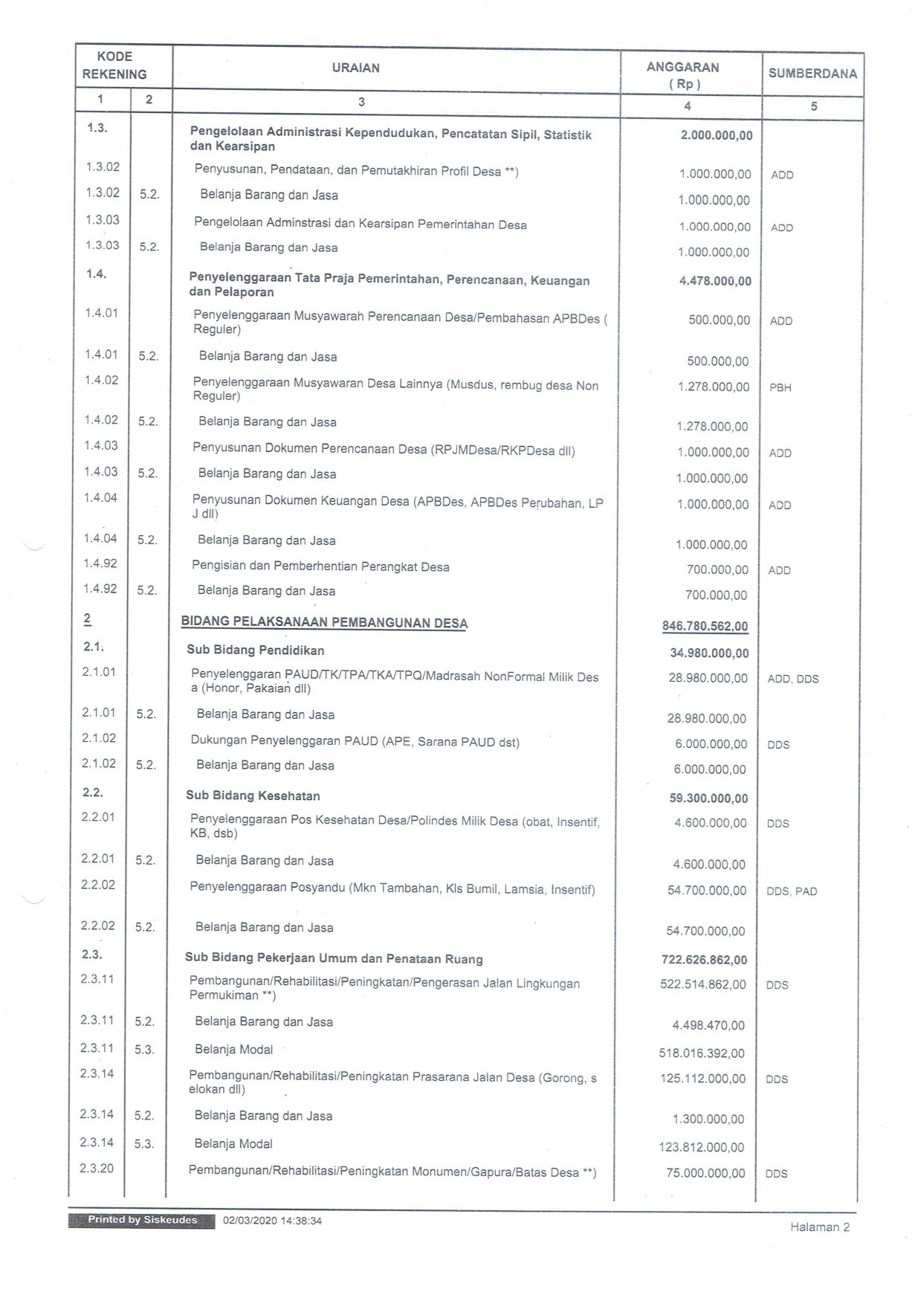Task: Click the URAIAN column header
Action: [355, 68]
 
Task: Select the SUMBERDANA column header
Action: [812, 74]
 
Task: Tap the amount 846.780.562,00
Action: [705, 626]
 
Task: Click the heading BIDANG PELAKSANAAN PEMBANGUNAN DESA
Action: [324, 622]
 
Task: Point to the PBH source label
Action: [780, 387]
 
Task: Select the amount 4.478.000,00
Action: [715, 281]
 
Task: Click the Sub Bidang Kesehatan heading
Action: [253, 795]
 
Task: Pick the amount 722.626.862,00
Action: [704, 960]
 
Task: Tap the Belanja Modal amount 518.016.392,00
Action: [702, 1053]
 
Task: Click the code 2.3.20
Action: [97, 1168]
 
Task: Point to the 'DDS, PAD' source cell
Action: [792, 891]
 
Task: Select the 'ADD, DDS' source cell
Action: [793, 679]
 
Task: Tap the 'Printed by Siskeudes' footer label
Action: [142, 1220]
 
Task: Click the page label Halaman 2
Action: [819, 1227]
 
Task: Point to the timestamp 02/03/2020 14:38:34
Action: [272, 1221]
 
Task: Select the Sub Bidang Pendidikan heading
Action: [255, 650]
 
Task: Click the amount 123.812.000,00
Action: [702, 1147]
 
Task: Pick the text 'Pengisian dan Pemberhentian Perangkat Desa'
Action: [320, 566]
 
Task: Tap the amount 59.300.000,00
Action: [708, 798]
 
